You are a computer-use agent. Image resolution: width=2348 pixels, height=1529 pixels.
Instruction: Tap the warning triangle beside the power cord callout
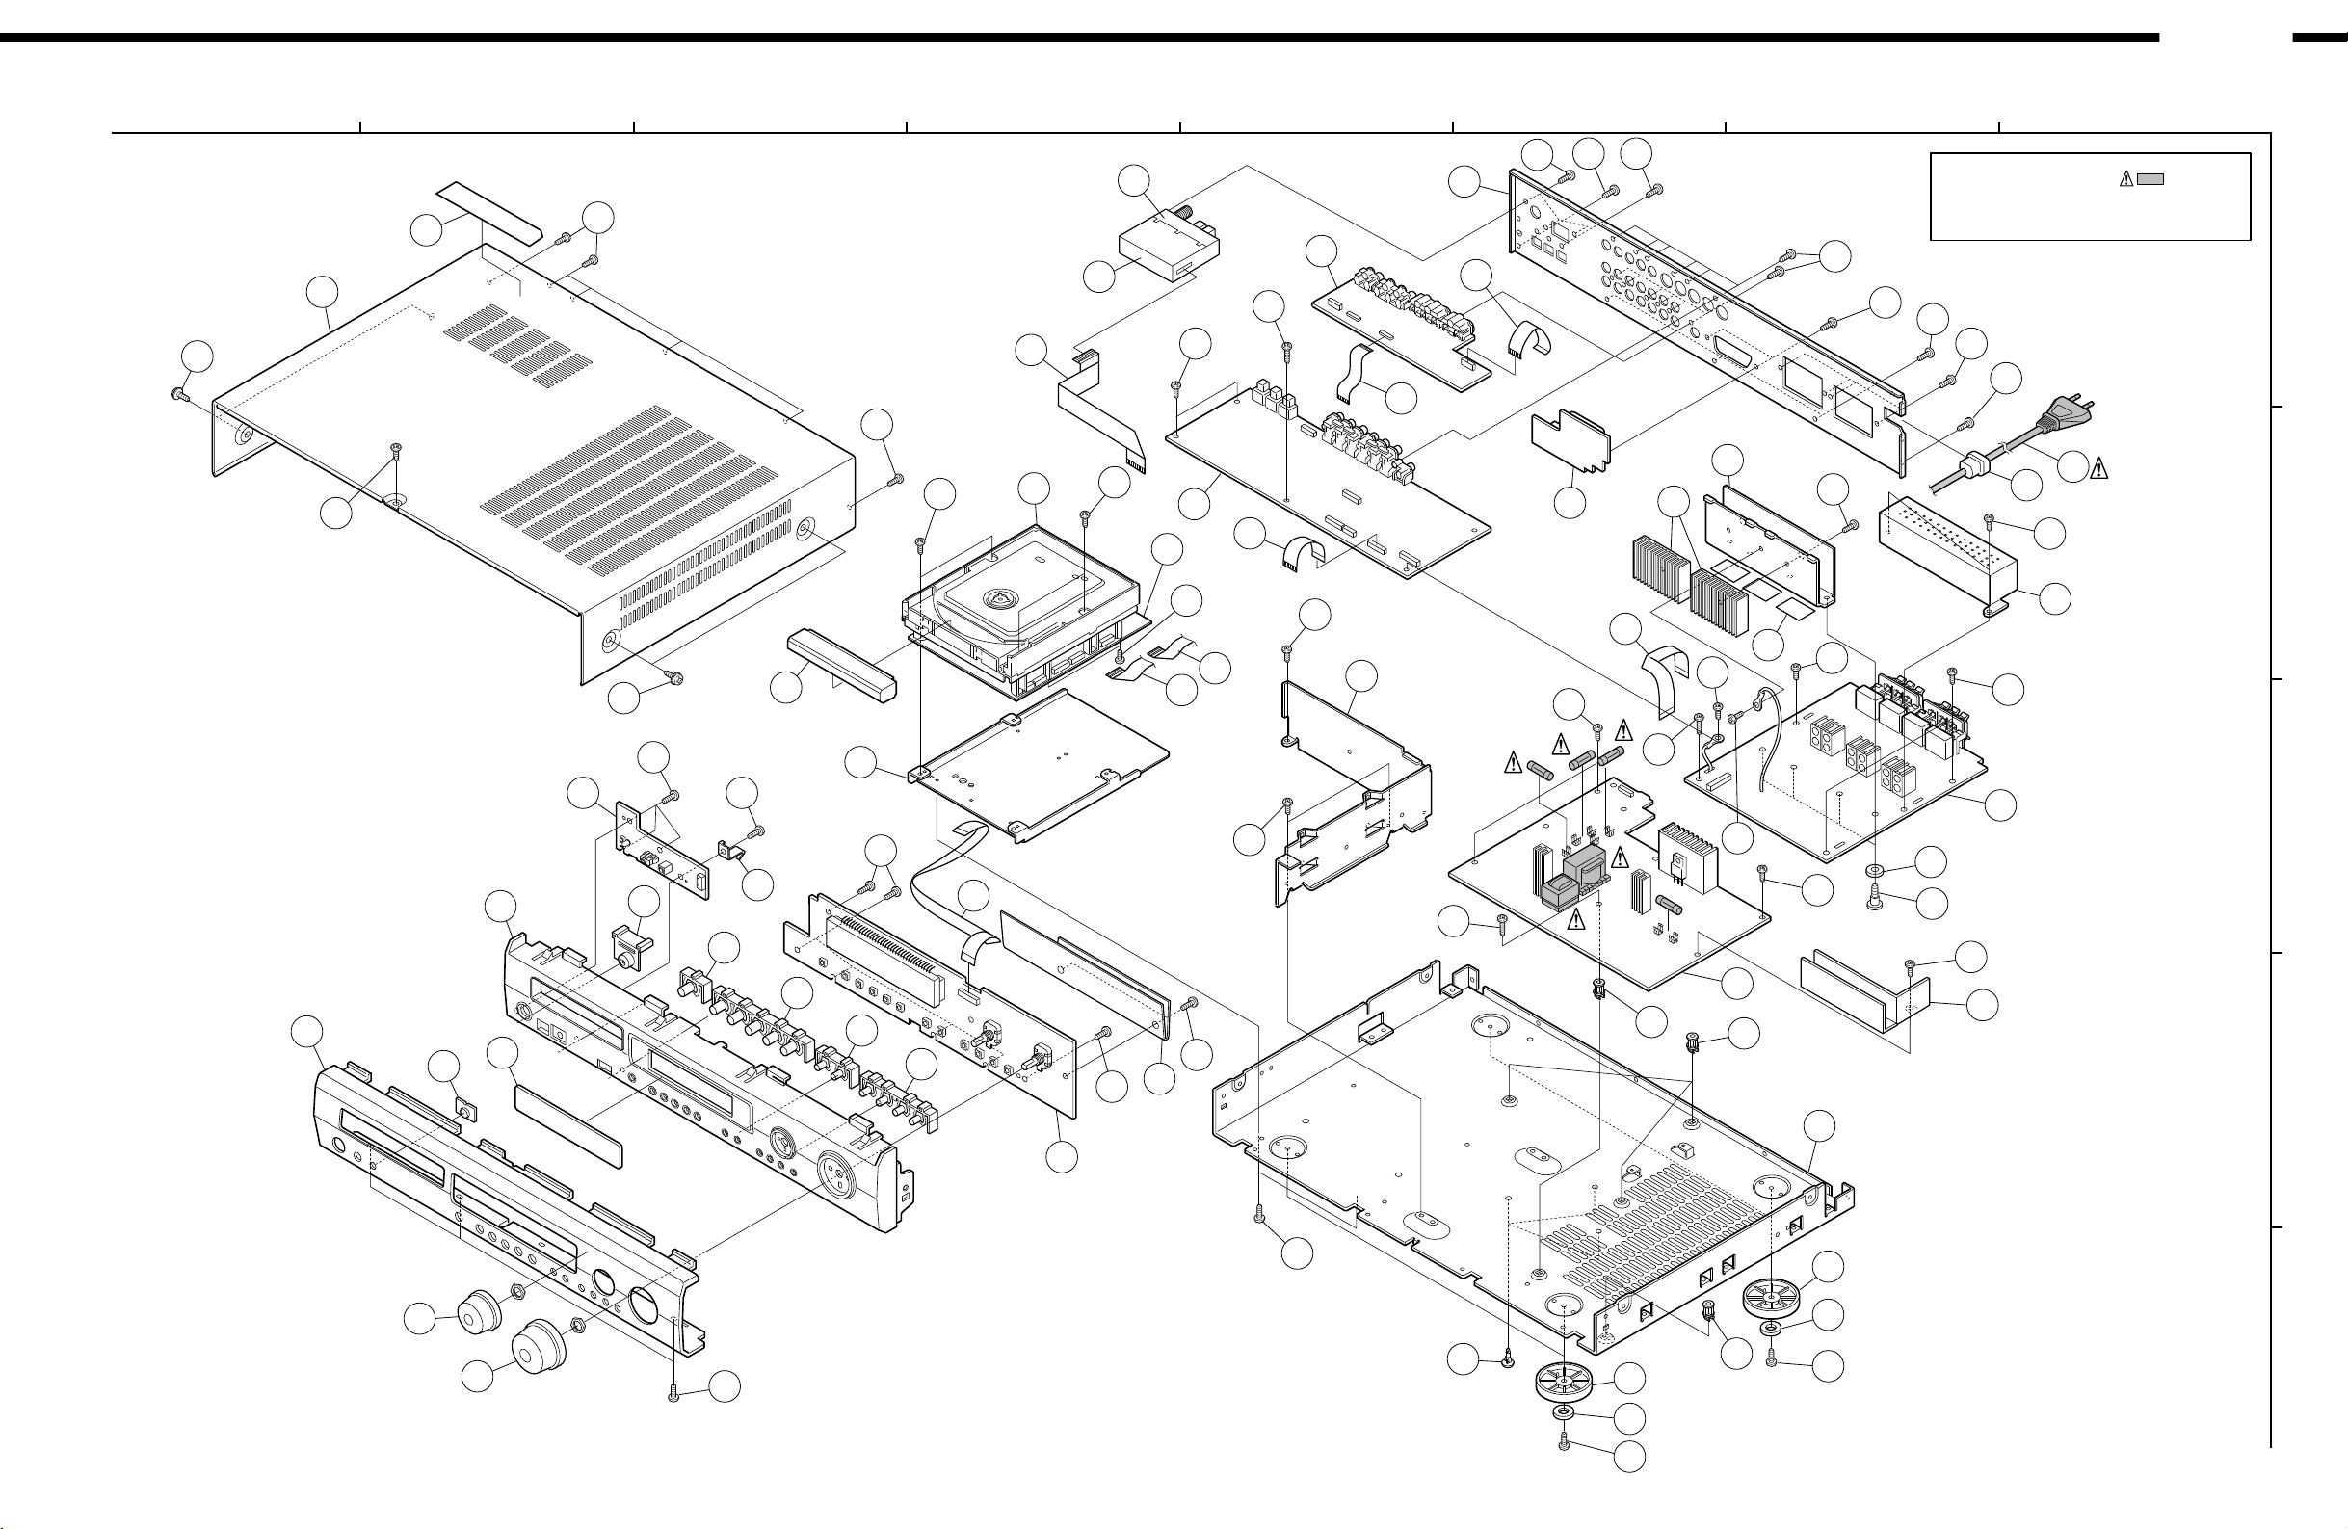tap(2098, 469)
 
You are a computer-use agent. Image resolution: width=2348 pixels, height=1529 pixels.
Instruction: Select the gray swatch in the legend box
tap(2150, 178)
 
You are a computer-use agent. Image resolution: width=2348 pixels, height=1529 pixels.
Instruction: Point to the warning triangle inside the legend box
tap(2126, 178)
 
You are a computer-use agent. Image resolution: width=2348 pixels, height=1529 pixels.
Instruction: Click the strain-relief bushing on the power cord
tap(1974, 462)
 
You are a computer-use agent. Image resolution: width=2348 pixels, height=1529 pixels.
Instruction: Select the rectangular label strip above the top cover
tap(490, 211)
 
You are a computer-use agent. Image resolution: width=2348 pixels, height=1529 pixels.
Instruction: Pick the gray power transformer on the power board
tap(1587, 868)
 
